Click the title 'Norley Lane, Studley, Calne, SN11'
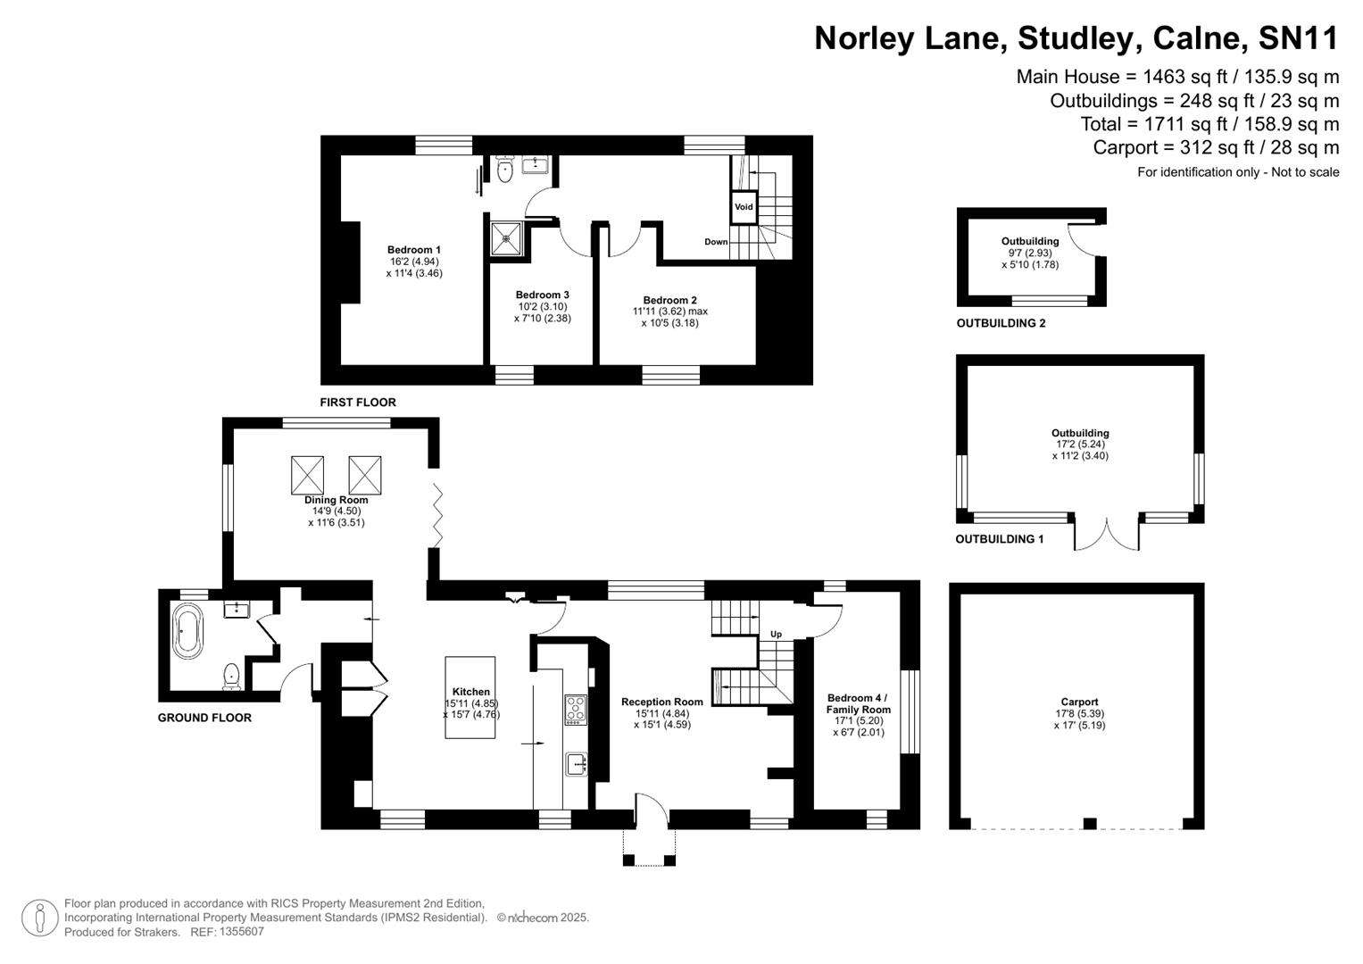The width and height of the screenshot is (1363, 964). (1076, 38)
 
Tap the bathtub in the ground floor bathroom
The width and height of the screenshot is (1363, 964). (187, 631)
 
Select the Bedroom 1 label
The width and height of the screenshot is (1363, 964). (413, 250)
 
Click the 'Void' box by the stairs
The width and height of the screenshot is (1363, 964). (744, 206)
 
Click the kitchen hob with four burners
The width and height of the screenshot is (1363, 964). (576, 710)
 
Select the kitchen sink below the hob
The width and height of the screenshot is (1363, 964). (577, 764)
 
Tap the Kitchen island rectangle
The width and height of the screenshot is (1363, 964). (470, 697)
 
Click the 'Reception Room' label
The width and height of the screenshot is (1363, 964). (661, 702)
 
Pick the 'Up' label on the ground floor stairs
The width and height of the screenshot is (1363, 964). (776, 634)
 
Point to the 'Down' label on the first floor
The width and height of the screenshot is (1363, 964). (716, 242)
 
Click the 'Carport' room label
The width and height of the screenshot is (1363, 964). (1079, 702)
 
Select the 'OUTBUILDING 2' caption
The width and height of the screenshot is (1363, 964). (1001, 323)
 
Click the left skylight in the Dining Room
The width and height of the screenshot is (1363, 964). (308, 475)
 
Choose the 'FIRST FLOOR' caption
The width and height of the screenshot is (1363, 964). (358, 403)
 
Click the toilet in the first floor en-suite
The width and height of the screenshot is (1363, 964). (505, 170)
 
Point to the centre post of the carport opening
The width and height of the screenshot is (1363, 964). (1089, 823)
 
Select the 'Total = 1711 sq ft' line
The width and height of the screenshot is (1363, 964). (1209, 124)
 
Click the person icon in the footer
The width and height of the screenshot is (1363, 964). (39, 918)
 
